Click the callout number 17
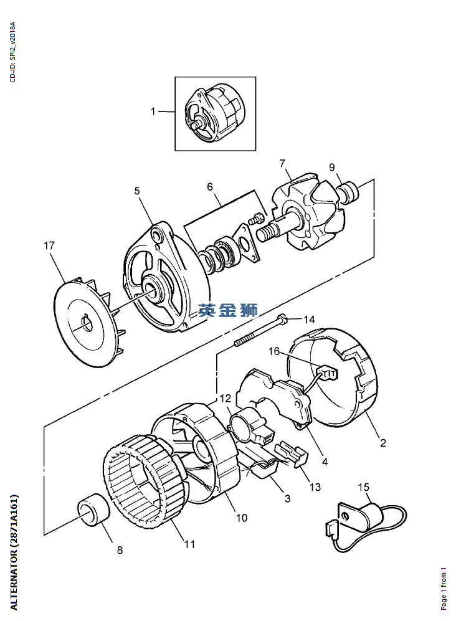click(49, 246)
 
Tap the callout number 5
click(137, 191)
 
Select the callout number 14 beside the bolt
click(310, 320)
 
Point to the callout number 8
click(119, 550)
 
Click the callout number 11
click(189, 544)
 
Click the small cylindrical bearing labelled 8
click(93, 508)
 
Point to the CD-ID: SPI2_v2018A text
click(14, 53)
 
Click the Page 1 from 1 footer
click(444, 589)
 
